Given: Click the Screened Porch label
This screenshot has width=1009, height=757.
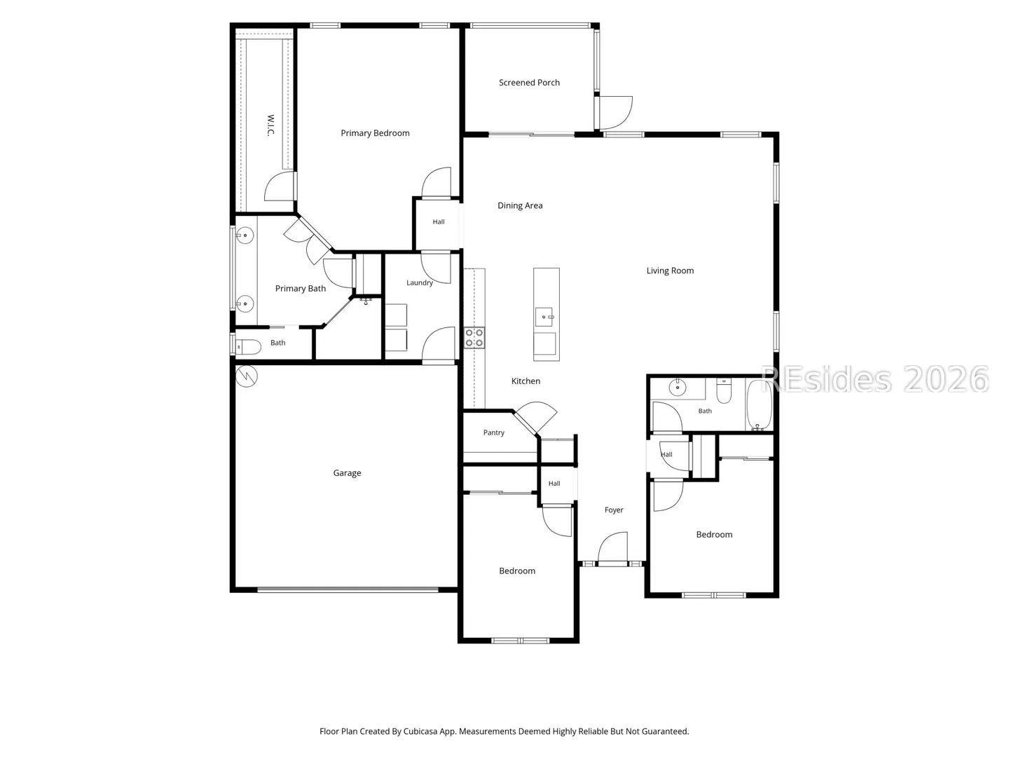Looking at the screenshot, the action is (529, 83).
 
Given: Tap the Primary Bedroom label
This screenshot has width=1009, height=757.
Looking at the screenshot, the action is (375, 133).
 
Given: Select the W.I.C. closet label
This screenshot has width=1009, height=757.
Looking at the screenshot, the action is (270, 125).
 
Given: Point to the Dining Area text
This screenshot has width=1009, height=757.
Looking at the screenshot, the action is (520, 205).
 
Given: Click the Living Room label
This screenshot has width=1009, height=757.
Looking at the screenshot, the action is (671, 271).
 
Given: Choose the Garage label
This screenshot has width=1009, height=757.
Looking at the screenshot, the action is (347, 473).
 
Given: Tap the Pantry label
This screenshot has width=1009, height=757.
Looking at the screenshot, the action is (494, 432).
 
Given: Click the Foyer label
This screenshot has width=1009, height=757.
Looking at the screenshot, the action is (614, 510).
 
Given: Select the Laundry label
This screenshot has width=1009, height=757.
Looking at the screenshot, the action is (419, 282).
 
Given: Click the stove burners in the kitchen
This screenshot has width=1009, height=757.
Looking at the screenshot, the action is (474, 337).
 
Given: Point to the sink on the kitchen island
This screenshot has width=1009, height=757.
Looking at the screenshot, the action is (544, 317).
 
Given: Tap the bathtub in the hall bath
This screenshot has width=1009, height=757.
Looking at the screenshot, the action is (758, 404).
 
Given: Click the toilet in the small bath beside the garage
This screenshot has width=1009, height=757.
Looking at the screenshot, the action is (247, 346).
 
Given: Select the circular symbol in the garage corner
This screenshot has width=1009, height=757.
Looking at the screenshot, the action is (247, 376).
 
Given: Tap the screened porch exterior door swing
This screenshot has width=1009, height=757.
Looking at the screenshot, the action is (616, 113).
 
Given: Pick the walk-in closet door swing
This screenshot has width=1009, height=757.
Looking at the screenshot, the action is (279, 186).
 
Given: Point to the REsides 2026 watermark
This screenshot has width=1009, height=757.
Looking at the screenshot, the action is (874, 380).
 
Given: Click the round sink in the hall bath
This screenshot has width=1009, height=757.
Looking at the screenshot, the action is (678, 388).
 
